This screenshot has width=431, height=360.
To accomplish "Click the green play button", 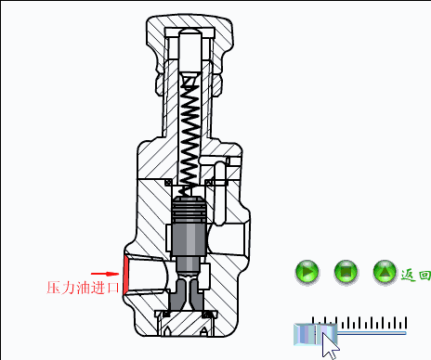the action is pos(307,272).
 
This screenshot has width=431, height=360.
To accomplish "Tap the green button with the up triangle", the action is pos(385,272).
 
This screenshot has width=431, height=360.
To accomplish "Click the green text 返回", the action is pos(415,275).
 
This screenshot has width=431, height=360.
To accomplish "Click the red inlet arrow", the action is pos(105,274).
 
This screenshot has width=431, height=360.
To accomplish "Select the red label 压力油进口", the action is pos(83,288).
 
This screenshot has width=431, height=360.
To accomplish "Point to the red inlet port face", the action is pos(125,275).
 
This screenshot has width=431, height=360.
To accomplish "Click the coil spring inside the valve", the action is pos(189,136).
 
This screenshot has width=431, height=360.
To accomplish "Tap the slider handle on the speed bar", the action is pos(315,334).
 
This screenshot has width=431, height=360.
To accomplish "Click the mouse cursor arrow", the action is pos(328,345).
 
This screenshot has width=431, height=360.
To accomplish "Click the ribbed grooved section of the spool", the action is pos(189,210).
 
